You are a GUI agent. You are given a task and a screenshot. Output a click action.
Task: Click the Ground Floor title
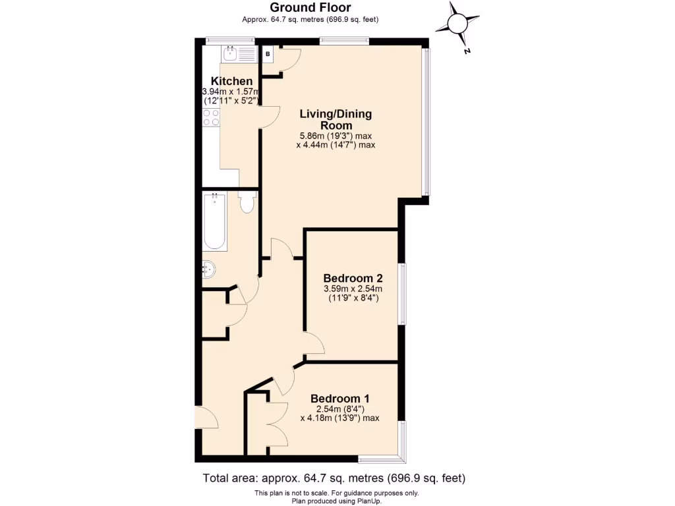310,8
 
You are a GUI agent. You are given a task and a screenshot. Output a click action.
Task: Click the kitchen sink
233,53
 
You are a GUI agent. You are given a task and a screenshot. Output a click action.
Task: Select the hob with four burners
212,118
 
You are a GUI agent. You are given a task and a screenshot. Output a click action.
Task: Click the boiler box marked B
268,54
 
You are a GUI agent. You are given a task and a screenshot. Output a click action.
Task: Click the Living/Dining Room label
336,119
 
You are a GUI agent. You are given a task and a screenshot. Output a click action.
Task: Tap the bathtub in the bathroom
215,220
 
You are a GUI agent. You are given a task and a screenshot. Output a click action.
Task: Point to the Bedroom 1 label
339,399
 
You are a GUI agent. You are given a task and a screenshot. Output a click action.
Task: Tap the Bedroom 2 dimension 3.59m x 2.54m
353,288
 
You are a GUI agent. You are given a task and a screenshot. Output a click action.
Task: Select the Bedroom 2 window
403,294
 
